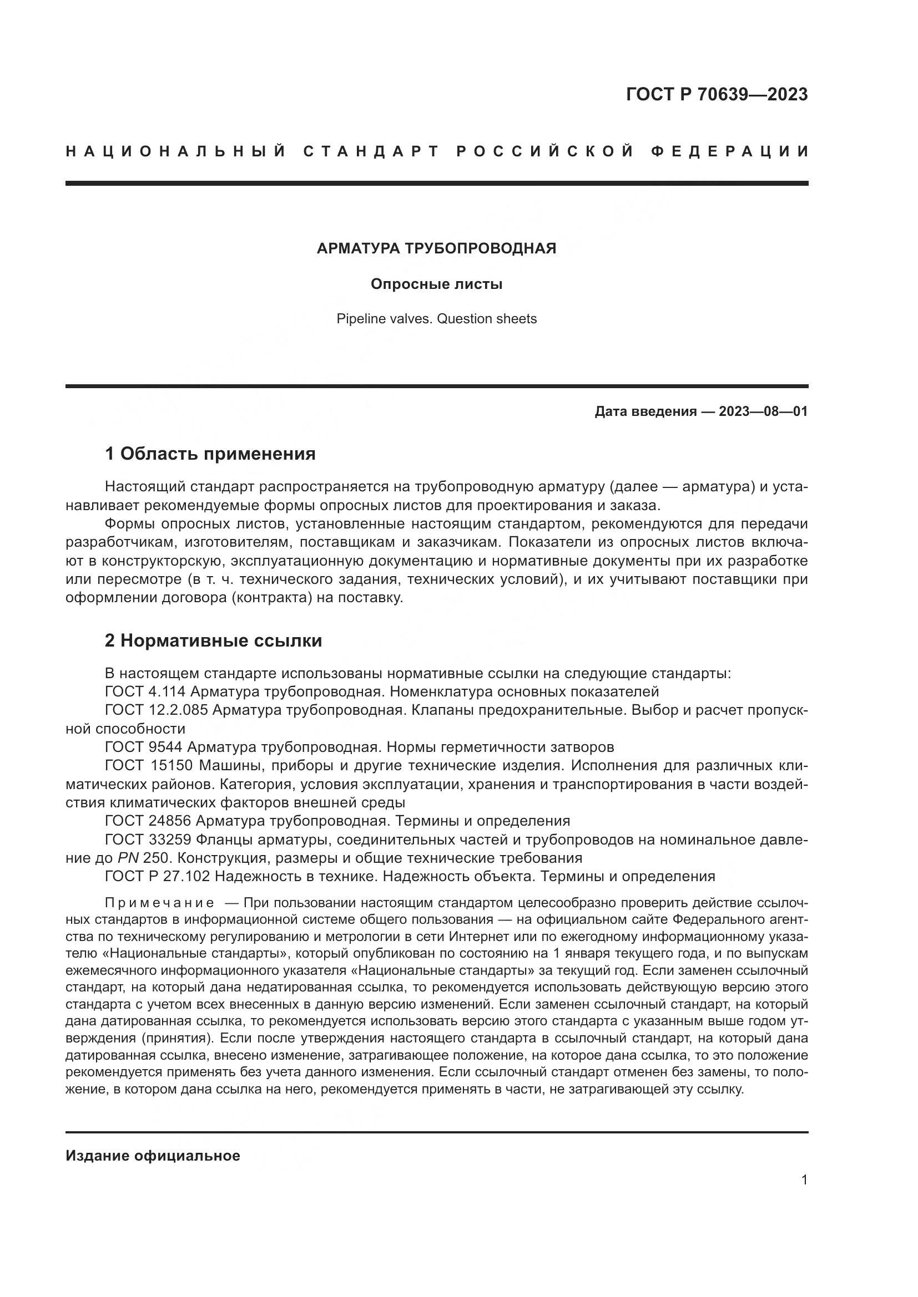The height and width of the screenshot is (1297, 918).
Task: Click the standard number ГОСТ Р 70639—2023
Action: click(x=716, y=94)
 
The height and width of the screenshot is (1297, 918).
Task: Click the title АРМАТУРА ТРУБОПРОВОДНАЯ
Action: click(x=436, y=248)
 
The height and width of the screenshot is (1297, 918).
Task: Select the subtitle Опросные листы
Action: click(x=436, y=284)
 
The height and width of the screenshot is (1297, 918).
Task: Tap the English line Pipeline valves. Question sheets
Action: click(x=436, y=319)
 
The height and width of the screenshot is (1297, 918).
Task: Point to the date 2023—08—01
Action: click(x=763, y=411)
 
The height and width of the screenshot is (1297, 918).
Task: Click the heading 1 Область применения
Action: click(x=210, y=454)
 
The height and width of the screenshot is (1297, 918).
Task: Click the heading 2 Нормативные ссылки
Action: click(x=214, y=640)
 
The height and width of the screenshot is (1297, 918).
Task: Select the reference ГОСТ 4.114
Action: click(x=146, y=691)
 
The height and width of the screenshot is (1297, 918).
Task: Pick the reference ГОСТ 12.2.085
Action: click(x=157, y=710)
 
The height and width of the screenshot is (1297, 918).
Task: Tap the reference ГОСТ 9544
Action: click(x=144, y=747)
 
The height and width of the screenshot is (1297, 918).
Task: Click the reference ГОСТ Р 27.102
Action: click(x=158, y=876)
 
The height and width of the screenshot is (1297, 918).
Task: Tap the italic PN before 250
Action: click(x=128, y=858)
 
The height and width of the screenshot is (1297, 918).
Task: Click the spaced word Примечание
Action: click(x=159, y=903)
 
